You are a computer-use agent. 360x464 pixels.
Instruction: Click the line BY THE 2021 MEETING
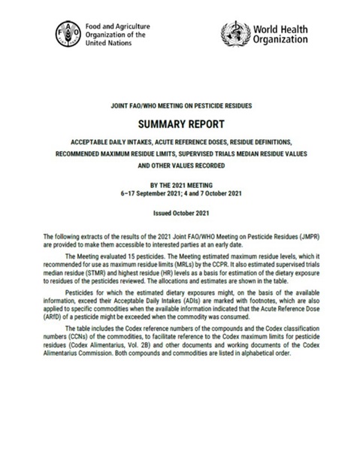(180, 183)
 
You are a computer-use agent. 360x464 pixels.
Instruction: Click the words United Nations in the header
(111, 44)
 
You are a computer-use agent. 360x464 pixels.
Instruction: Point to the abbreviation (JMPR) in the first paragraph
(328, 235)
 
